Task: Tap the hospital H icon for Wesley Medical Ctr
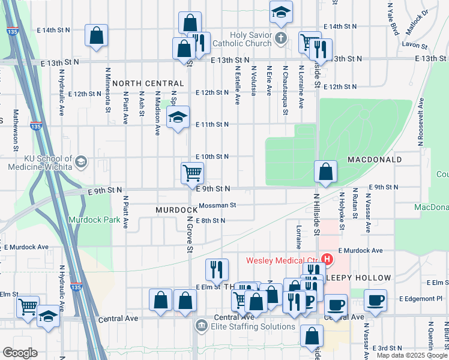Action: tap(327, 260)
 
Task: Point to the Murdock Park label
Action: tap(94, 220)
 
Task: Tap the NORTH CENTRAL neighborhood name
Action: tap(148, 83)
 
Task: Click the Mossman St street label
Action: tap(217, 205)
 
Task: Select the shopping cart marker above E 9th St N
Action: tap(192, 173)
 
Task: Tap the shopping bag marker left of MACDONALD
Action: tap(325, 172)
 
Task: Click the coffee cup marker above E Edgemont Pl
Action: tap(376, 299)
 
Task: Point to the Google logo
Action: tap(19, 353)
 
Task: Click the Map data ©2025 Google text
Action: tap(411, 355)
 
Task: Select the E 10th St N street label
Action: tap(212, 156)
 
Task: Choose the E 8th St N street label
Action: tap(210, 221)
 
